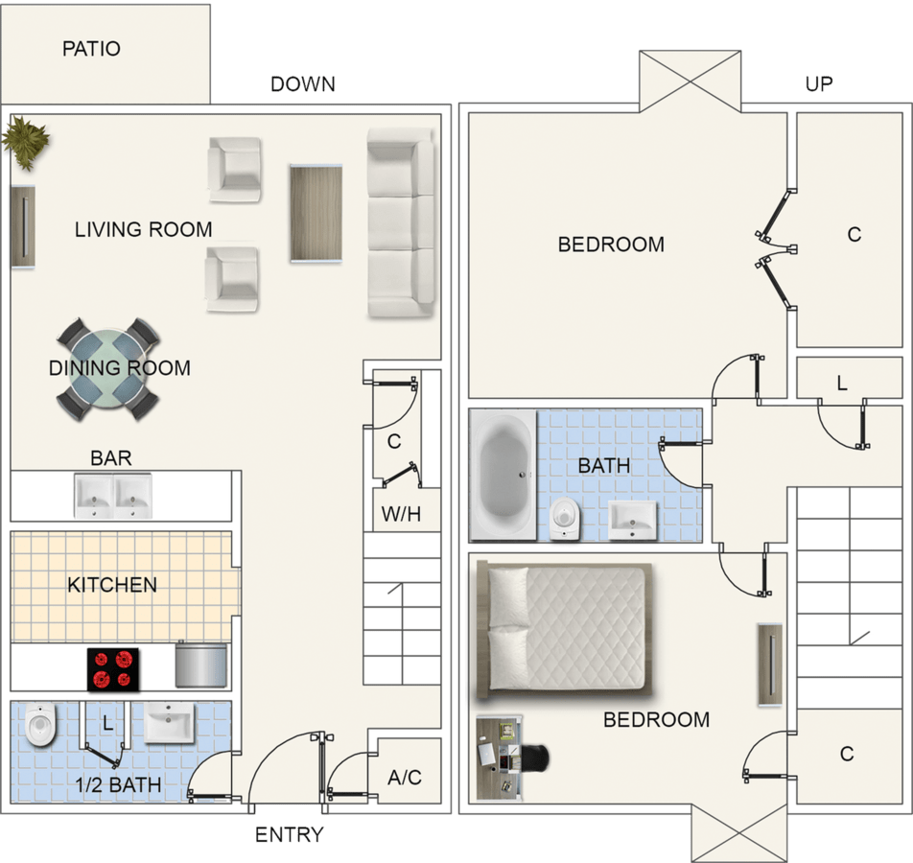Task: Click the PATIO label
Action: pyautogui.click(x=91, y=49)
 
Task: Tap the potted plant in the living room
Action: pyautogui.click(x=24, y=142)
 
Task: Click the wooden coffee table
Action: pyautogui.click(x=316, y=212)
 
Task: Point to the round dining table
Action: pyautogui.click(x=107, y=368)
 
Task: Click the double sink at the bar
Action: pyautogui.click(x=113, y=495)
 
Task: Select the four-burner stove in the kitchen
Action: pyautogui.click(x=113, y=669)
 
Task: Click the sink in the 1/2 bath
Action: pyautogui.click(x=169, y=722)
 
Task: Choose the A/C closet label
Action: pyautogui.click(x=404, y=777)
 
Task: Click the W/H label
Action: pyautogui.click(x=401, y=514)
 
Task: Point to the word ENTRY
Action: pyautogui.click(x=289, y=835)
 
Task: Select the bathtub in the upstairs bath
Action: pyautogui.click(x=503, y=474)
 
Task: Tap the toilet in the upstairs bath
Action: pyautogui.click(x=566, y=519)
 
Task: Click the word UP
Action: pyautogui.click(x=818, y=84)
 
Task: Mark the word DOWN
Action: pyautogui.click(x=302, y=84)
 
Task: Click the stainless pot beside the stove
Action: pyautogui.click(x=201, y=665)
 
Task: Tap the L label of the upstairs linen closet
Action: pyautogui.click(x=841, y=384)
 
